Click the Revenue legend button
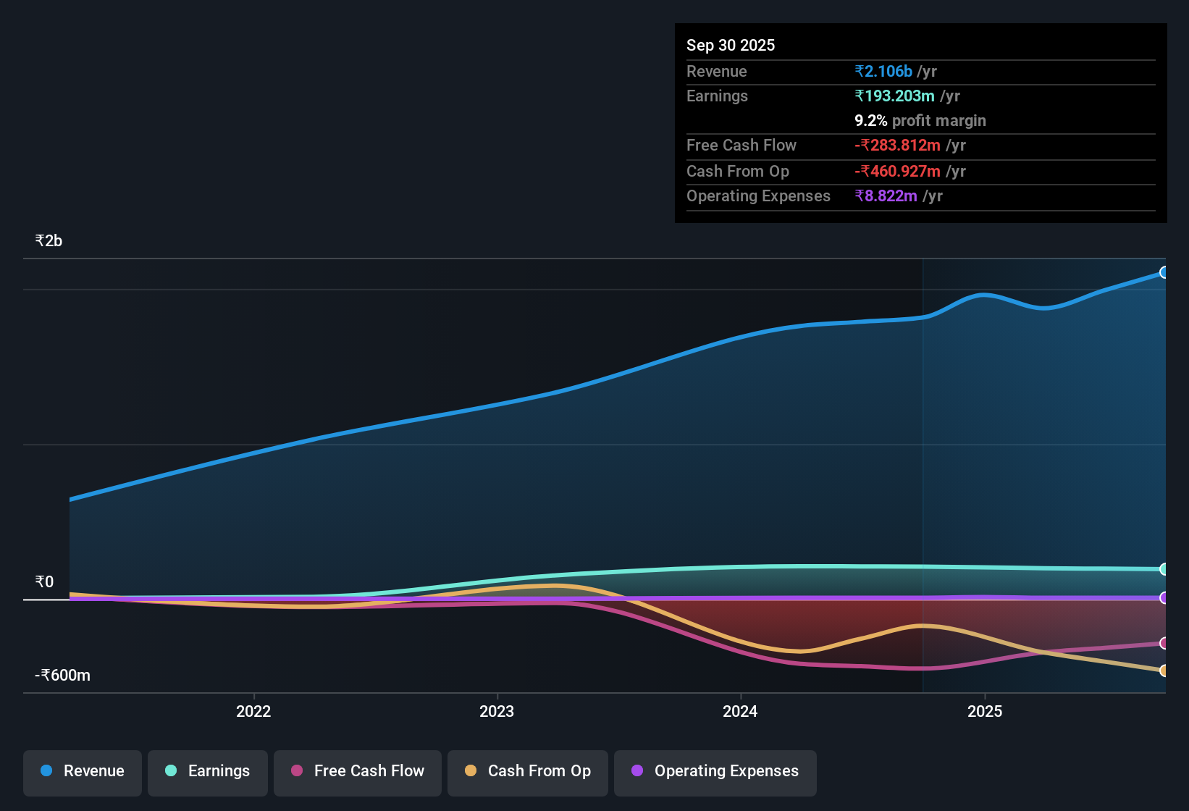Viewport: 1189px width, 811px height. [x=83, y=771]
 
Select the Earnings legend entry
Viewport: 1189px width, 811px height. [x=208, y=771]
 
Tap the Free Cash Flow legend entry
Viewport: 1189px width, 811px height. [x=358, y=771]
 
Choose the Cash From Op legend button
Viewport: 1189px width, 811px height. [x=528, y=771]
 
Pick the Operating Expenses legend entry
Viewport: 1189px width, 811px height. [x=715, y=771]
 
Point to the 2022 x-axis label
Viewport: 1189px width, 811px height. [x=253, y=712]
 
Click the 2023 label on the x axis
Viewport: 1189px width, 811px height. [x=497, y=712]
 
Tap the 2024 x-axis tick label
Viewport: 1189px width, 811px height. [x=740, y=712]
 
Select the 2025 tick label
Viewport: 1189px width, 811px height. [x=985, y=712]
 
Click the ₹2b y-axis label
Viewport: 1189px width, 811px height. [x=49, y=241]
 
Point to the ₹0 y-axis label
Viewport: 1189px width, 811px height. [x=44, y=582]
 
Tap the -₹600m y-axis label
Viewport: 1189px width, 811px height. [x=62, y=676]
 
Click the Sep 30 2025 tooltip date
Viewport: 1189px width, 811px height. [x=730, y=46]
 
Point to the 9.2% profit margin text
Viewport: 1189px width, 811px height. [x=920, y=121]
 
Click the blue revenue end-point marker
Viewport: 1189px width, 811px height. [x=1164, y=272]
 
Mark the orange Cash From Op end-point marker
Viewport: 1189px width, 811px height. [x=1164, y=671]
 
